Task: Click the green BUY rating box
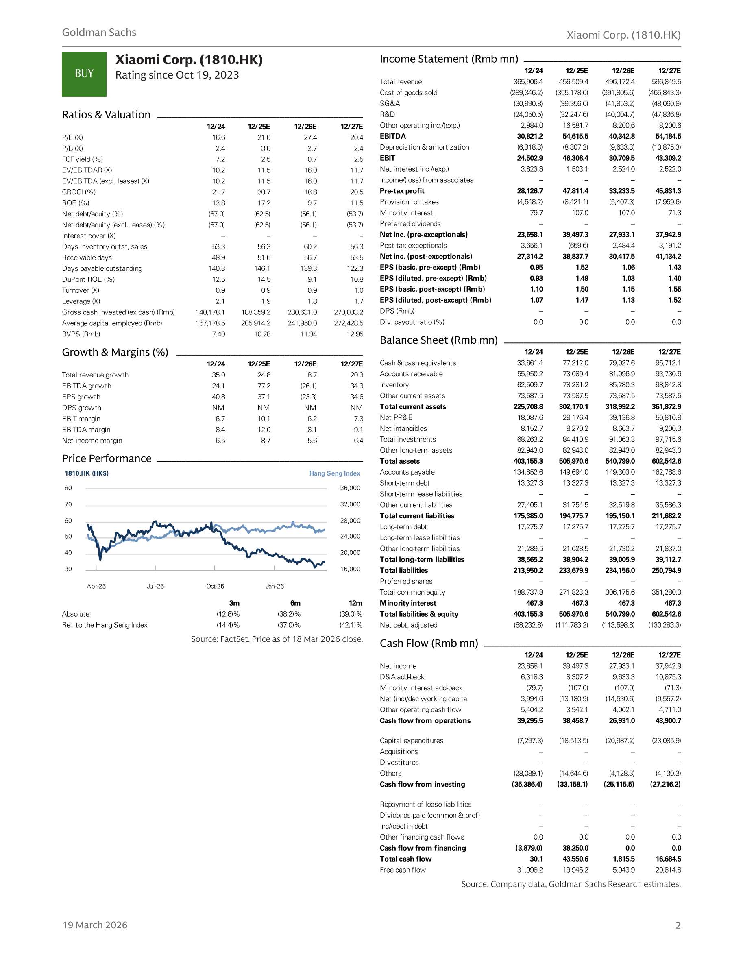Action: (x=84, y=74)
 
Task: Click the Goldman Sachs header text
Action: (x=99, y=33)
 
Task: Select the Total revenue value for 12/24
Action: (x=528, y=82)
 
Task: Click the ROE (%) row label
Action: (x=75, y=203)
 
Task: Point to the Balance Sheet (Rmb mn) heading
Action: (x=439, y=340)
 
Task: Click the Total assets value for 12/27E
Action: (x=666, y=462)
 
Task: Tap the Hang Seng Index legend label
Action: (x=334, y=473)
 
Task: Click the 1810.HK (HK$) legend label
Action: (x=87, y=473)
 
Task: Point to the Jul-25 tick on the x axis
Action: (x=155, y=586)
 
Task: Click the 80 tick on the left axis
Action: (x=68, y=488)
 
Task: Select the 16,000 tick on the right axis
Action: (x=350, y=569)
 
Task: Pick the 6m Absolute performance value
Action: (x=288, y=614)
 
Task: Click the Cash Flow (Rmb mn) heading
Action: (x=429, y=644)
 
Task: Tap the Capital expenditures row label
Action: (x=412, y=741)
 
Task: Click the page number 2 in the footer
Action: (x=678, y=925)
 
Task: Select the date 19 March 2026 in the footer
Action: (x=95, y=925)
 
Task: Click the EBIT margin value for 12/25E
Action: (x=264, y=419)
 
